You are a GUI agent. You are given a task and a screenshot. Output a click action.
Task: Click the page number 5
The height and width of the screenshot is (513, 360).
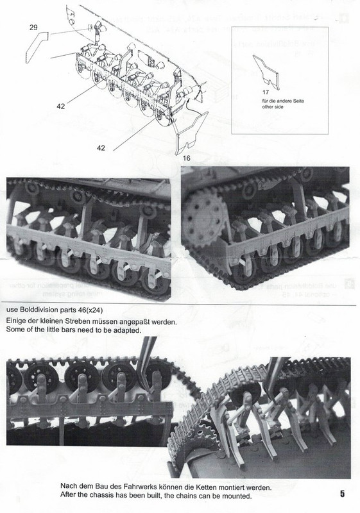click(343, 494)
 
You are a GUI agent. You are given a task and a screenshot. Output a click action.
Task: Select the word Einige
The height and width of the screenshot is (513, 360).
click(19, 321)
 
